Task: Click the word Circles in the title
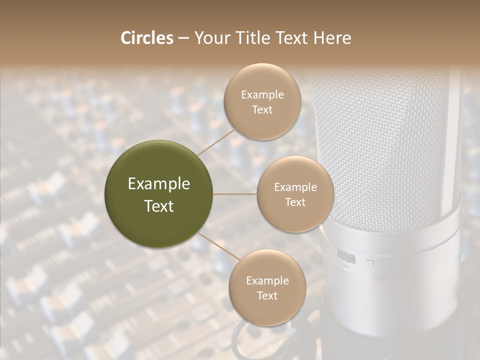[x=147, y=38]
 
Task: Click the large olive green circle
[x=159, y=194]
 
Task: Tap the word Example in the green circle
[x=159, y=184]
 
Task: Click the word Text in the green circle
[x=159, y=206]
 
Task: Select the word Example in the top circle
[x=262, y=95]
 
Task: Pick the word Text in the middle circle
[x=295, y=202]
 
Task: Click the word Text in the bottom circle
[x=267, y=296]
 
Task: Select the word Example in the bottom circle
[x=267, y=281]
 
